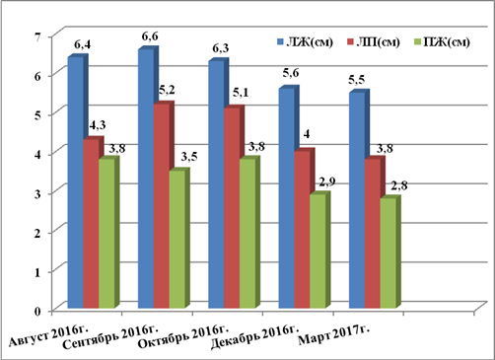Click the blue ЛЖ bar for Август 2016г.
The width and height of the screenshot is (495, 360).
[x=76, y=182]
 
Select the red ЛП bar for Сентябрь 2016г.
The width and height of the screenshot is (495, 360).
[x=162, y=206]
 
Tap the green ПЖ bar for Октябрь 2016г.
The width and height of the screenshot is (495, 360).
[x=247, y=234]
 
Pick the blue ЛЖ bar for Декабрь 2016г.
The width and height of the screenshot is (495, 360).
[x=287, y=198]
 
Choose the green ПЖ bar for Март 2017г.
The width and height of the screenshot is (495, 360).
[x=388, y=253]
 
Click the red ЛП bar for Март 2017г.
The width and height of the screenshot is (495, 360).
[x=373, y=234]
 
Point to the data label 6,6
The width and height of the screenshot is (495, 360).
[x=150, y=36]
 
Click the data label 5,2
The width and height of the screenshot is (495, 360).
[x=167, y=90]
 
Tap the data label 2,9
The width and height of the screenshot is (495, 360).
[x=326, y=181]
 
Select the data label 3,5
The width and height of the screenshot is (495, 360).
[x=189, y=157]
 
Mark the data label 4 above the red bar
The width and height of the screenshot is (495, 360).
[x=307, y=134]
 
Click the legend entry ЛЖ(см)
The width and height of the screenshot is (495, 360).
[x=306, y=42]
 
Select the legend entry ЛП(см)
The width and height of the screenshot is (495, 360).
[x=374, y=42]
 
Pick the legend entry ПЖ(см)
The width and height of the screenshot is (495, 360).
[x=443, y=42]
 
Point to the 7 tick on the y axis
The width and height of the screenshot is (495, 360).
[x=37, y=36]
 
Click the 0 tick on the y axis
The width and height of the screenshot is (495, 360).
[x=37, y=311]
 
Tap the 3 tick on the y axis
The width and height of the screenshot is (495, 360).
[x=37, y=193]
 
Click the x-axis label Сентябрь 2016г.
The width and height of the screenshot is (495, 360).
[x=110, y=337]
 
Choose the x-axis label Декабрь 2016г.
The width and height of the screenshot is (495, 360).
[x=254, y=337]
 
